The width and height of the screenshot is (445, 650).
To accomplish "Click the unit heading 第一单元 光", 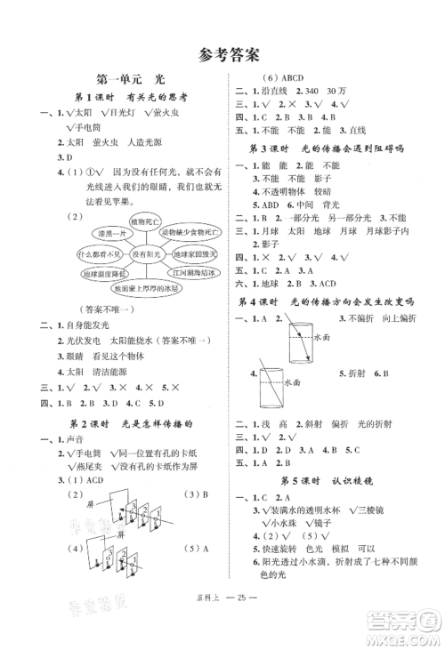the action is click(x=132, y=79).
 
